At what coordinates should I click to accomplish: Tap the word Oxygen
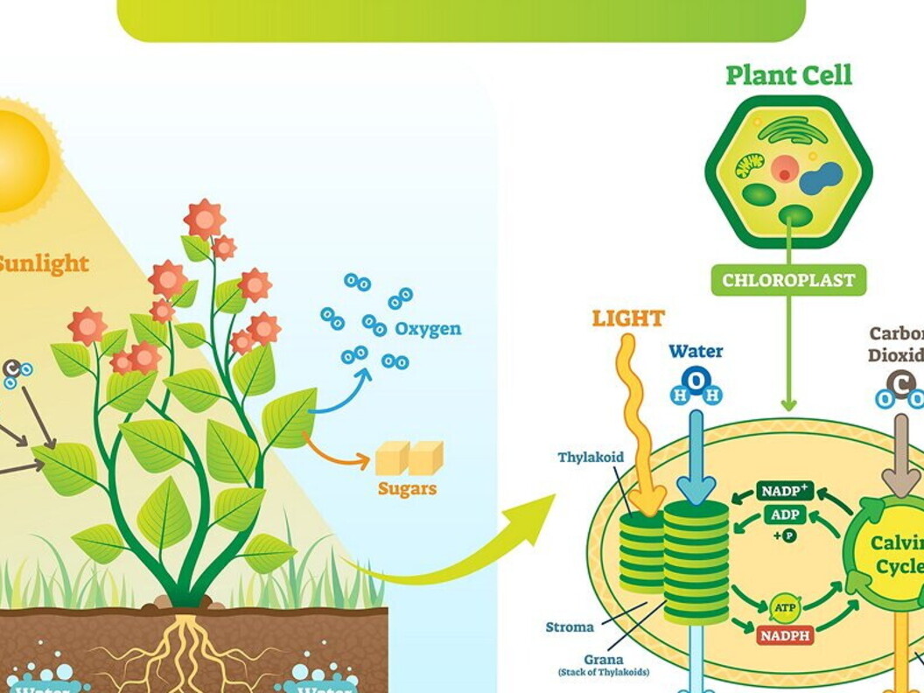(x=427, y=330)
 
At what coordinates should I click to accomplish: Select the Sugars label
(x=407, y=488)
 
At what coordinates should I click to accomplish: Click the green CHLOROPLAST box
(x=788, y=281)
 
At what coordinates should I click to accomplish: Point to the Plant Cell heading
(x=788, y=75)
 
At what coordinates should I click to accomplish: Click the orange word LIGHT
(x=628, y=318)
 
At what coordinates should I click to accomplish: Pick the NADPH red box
(x=785, y=634)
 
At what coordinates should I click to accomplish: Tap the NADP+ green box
(x=785, y=492)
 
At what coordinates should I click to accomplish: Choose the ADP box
(x=785, y=514)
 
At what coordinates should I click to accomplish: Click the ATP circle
(x=784, y=605)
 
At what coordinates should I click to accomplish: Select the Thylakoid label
(x=591, y=458)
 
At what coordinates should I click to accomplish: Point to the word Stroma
(x=569, y=626)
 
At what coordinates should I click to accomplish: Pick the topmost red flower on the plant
(x=204, y=218)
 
